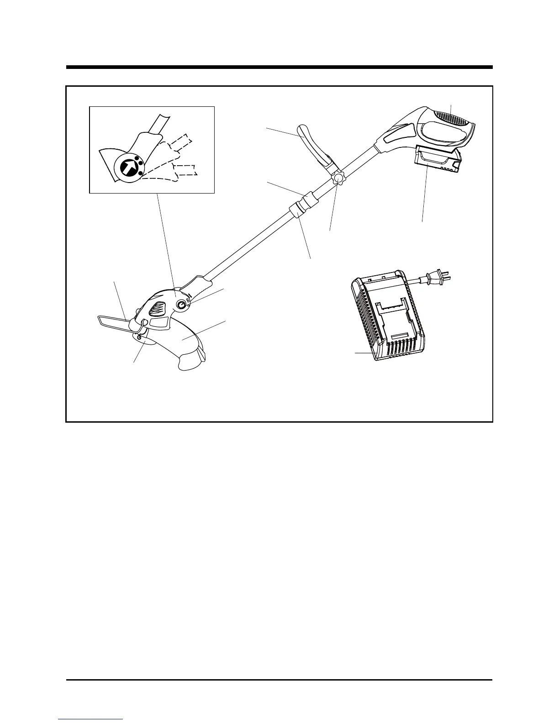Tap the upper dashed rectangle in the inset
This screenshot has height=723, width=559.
click(x=179, y=141)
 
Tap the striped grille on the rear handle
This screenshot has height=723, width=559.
click(x=450, y=117)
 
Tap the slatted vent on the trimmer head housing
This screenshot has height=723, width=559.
click(x=158, y=309)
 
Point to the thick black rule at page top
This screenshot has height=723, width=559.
click(x=279, y=68)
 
